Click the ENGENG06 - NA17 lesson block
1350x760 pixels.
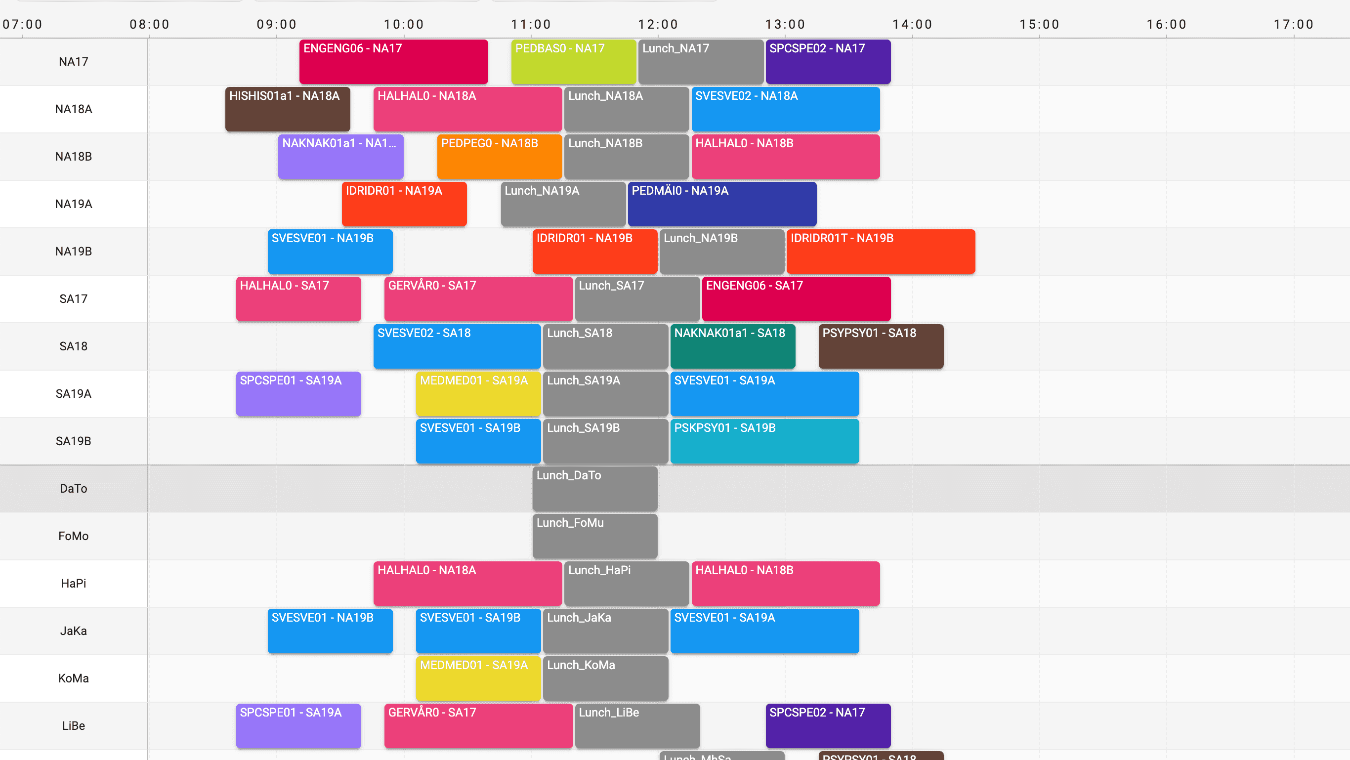point(393,62)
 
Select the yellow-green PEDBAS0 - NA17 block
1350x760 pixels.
point(573,62)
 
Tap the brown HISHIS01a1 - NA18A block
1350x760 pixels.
point(287,109)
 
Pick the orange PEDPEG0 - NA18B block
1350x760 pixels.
point(499,157)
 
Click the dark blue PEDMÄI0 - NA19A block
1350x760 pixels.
point(721,204)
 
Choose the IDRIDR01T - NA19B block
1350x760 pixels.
point(881,252)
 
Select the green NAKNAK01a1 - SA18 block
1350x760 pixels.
point(732,346)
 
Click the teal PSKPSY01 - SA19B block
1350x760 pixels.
point(764,441)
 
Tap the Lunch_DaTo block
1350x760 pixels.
point(594,489)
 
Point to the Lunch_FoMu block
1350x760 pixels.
point(594,536)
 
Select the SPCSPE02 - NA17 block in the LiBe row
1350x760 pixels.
point(828,726)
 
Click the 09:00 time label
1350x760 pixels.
point(277,24)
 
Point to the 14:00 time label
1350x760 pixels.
point(912,24)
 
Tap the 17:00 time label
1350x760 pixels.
point(1293,24)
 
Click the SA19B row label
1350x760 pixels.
point(73,441)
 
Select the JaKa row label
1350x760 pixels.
point(73,631)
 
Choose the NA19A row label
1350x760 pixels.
point(73,204)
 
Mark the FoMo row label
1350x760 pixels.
point(73,536)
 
